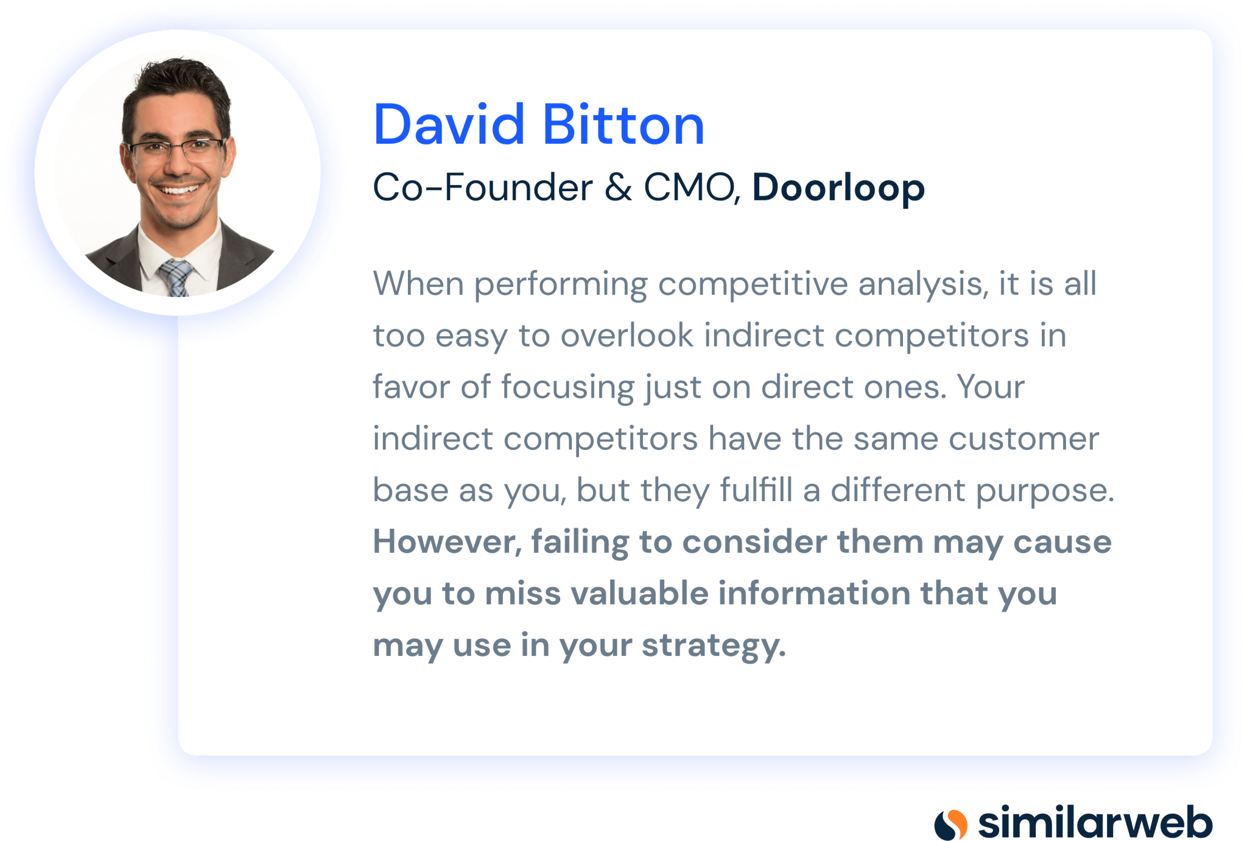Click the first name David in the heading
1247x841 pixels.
449,125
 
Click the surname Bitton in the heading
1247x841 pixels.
623,125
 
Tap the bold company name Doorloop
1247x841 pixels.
838,189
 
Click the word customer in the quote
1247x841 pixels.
1024,439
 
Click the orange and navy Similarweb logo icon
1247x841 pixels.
950,825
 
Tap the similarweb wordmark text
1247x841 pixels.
1095,823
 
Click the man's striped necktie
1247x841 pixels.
176,277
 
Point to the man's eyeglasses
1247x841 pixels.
177,149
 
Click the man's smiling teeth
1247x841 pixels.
179,189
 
